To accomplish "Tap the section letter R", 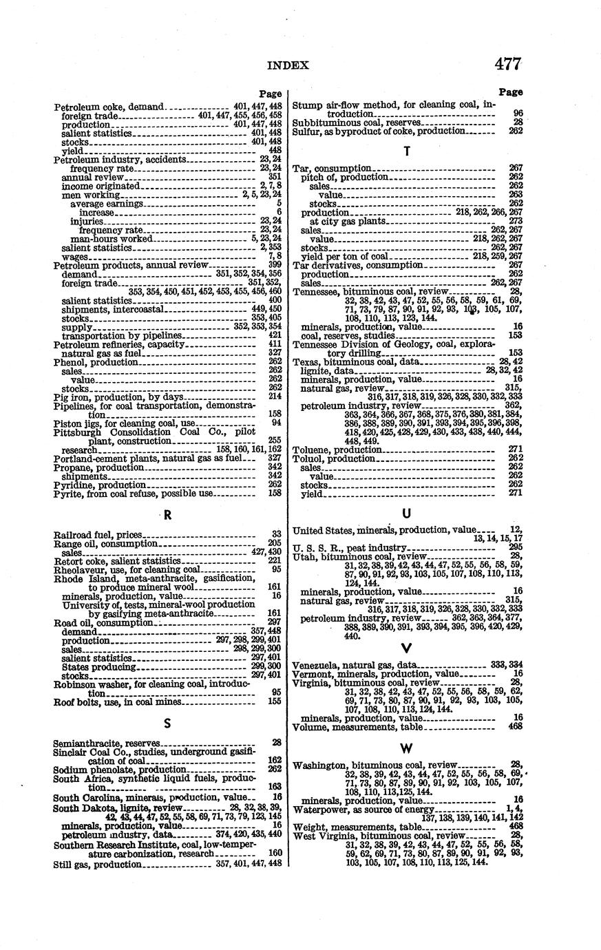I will coord(167,515).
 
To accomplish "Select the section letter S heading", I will coord(168,724).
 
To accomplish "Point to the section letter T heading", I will coord(407,151).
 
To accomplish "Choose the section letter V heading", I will coord(407,648).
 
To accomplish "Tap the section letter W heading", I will coord(407,747).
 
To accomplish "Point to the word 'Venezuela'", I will coord(314,665).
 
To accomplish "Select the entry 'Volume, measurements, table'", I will coord(359,727).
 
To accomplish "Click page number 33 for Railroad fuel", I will coord(277,534).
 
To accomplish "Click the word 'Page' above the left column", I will coord(271,94).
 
